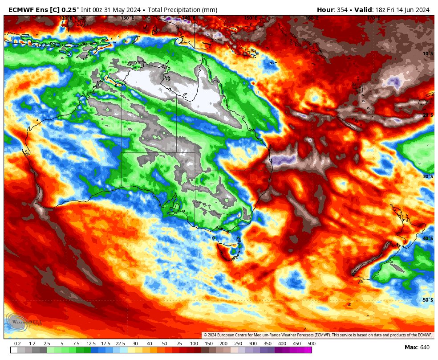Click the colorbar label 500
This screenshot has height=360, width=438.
[x=311, y=344]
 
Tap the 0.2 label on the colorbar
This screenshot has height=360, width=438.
[x=17, y=344]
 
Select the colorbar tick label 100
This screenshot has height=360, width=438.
[x=194, y=344]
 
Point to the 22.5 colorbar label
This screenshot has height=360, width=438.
[x=120, y=344]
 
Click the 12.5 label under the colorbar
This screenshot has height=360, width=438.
[x=91, y=344]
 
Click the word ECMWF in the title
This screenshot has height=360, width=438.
[x=21, y=10]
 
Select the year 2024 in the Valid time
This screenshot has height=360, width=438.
[x=421, y=10]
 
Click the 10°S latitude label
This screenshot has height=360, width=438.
[x=428, y=53]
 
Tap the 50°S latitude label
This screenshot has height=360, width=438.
[x=428, y=300]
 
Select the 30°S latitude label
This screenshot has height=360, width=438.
[x=428, y=176]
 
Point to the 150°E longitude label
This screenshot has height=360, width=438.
[x=250, y=18]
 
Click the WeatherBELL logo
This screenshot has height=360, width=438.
[x=24, y=322]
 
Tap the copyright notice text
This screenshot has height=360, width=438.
[x=318, y=335]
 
